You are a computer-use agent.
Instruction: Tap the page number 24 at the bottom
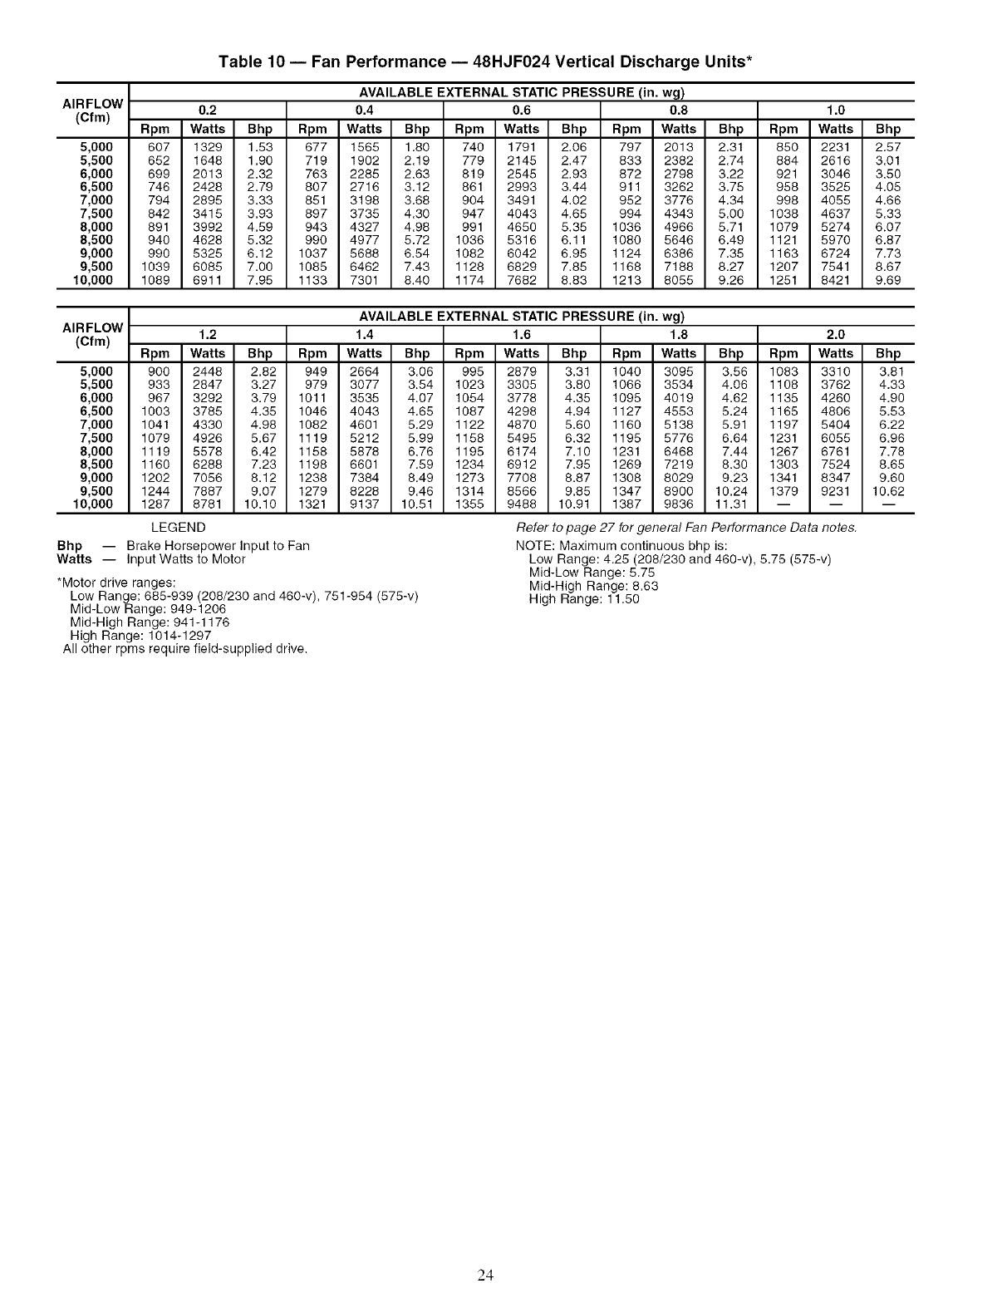[486, 1276]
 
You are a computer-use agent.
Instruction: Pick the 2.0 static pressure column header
[835, 334]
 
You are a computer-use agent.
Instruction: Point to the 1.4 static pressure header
[364, 334]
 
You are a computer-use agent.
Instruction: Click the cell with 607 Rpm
[158, 147]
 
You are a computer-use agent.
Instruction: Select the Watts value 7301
[365, 280]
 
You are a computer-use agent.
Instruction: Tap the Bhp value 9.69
[888, 280]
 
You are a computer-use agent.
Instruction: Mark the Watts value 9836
[679, 504]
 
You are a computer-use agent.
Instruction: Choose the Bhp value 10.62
[888, 491]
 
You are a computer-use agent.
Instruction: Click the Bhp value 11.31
[731, 504]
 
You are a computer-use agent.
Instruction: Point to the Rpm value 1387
[626, 504]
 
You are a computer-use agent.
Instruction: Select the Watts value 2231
[835, 147]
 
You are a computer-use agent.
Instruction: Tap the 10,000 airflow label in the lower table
[93, 504]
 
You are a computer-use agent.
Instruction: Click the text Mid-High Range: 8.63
[593, 586]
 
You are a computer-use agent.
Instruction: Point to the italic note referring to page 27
[686, 529]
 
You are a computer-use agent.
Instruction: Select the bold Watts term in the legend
[74, 559]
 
